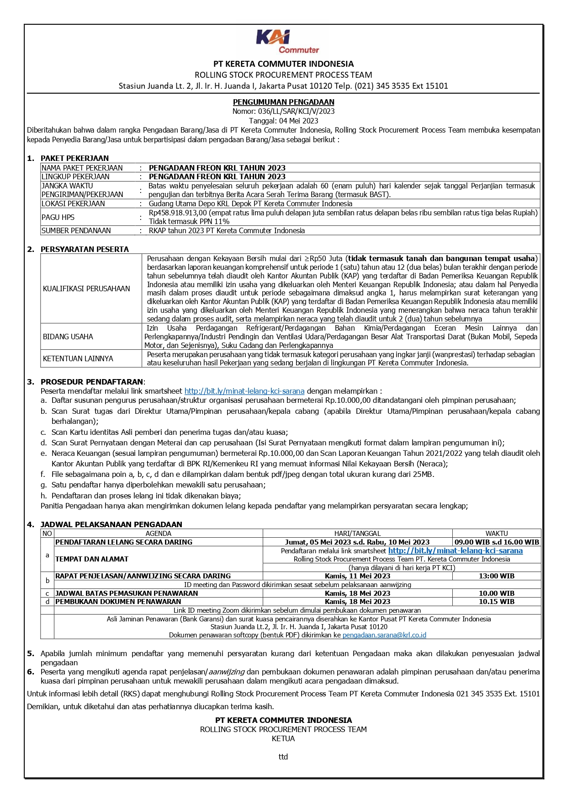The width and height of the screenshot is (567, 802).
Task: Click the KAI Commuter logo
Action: (x=287, y=42)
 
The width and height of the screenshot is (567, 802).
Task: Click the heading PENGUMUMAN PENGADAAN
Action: (x=283, y=102)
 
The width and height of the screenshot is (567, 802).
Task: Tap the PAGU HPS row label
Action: (x=58, y=217)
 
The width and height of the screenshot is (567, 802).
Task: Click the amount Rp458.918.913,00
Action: (x=178, y=213)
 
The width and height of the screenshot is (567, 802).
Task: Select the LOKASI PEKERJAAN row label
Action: (x=73, y=203)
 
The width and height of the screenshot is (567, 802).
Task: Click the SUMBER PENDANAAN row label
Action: (x=76, y=230)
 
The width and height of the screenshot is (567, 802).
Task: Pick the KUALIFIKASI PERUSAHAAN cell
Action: (x=86, y=289)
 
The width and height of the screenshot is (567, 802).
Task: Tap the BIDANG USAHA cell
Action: (x=68, y=337)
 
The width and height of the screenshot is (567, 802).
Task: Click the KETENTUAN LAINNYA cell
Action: (x=78, y=358)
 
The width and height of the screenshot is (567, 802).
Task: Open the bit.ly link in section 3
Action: (x=244, y=391)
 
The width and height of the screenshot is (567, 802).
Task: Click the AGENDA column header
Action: (x=159, y=533)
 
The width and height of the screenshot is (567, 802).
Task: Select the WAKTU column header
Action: (x=497, y=533)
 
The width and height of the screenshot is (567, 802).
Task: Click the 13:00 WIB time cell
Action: (x=497, y=576)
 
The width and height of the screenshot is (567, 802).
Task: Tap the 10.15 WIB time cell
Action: (x=497, y=602)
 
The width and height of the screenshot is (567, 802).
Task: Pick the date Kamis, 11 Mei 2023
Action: (x=357, y=576)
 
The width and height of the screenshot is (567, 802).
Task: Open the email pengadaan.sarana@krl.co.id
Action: (x=384, y=635)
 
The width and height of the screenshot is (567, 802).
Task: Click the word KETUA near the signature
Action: (x=283, y=738)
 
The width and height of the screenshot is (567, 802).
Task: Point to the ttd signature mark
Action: (x=283, y=757)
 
